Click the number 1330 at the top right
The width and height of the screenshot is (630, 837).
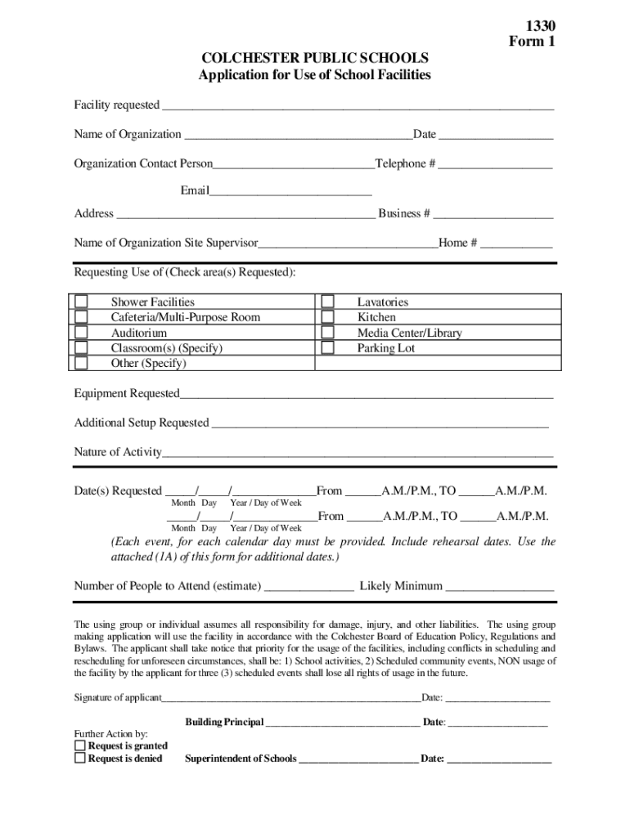click(x=537, y=25)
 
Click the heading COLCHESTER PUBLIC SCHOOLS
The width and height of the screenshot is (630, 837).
click(x=315, y=59)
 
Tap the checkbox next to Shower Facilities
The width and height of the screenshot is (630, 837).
click(x=81, y=302)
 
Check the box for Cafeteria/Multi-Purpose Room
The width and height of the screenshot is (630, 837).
click(x=81, y=317)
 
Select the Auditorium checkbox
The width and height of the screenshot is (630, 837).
click(x=81, y=333)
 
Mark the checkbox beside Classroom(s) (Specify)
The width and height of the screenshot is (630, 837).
click(x=81, y=348)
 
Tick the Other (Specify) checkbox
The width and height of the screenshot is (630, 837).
click(x=81, y=364)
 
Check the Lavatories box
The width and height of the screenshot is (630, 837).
click(x=327, y=302)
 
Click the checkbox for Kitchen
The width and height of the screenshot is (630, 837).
click(x=327, y=317)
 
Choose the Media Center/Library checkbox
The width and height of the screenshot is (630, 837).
click(x=327, y=333)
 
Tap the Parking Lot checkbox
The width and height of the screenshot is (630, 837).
click(x=327, y=348)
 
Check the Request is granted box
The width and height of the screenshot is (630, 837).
click(x=80, y=745)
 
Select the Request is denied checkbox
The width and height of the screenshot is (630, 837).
click(x=80, y=758)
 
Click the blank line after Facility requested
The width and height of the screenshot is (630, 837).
click(x=358, y=106)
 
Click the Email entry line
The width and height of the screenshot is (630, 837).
click(x=290, y=192)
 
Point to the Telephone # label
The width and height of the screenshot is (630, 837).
click(x=405, y=163)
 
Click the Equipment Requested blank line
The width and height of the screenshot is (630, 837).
click(x=366, y=395)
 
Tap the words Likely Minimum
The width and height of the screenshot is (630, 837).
click(x=401, y=586)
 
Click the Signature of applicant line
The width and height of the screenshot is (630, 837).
click(x=290, y=699)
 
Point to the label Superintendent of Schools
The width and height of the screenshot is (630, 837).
click(x=241, y=759)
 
